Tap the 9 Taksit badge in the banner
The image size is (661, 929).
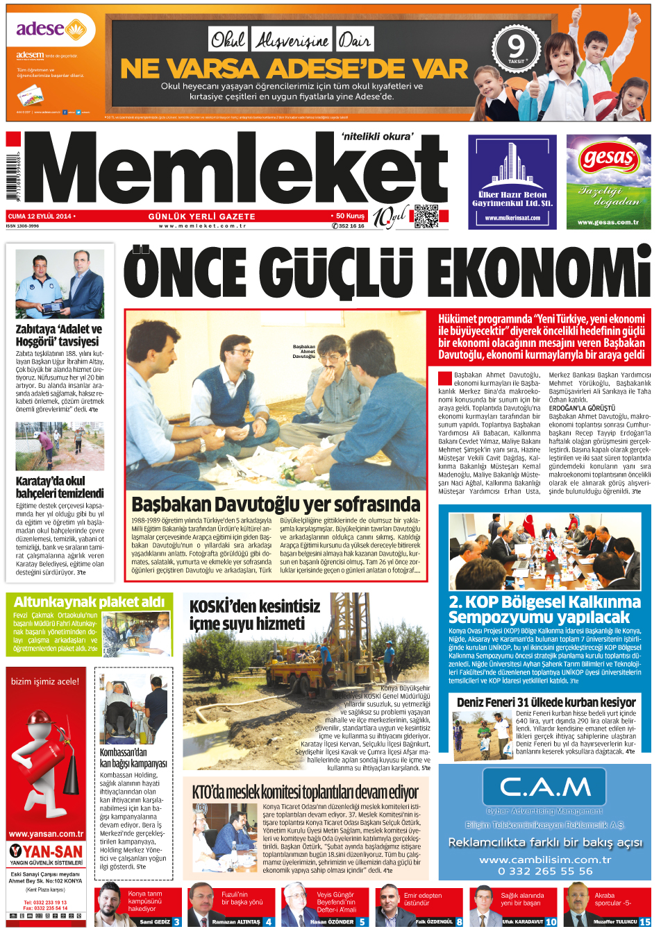[515, 49]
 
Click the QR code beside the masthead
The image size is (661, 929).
[426, 216]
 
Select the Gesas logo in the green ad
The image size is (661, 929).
[608, 159]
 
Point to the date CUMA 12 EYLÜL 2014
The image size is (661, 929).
[40, 216]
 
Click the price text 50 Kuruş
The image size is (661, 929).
[350, 216]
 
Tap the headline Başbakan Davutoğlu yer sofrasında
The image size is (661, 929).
[276, 504]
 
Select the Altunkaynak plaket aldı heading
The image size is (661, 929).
[89, 602]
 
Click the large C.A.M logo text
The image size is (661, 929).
[545, 787]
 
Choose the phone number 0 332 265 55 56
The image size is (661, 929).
[545, 871]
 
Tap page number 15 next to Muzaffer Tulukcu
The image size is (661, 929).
[644, 922]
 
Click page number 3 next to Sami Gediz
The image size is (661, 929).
[176, 922]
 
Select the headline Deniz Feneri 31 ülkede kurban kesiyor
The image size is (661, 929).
[546, 702]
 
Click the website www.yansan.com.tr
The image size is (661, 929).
[46, 834]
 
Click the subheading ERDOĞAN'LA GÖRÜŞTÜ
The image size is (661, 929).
[582, 408]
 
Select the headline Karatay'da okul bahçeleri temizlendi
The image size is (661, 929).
[60, 487]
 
